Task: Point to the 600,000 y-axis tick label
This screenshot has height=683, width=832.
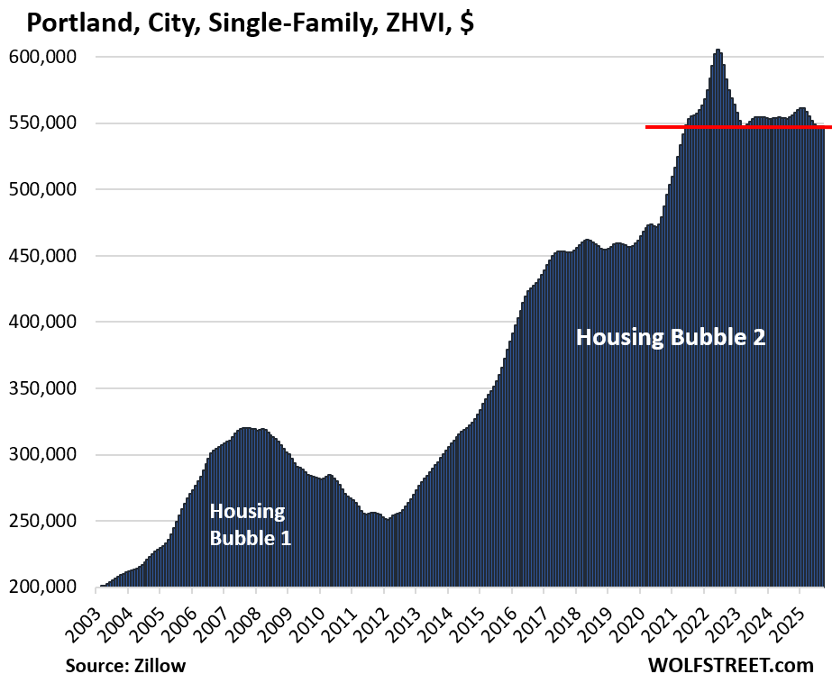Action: coord(43,57)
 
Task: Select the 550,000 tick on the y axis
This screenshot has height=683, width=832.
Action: coord(43,123)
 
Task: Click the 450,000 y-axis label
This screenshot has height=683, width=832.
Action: coord(43,256)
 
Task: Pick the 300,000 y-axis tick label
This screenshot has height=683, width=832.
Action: coord(43,455)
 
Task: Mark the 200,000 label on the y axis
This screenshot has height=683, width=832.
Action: coord(43,587)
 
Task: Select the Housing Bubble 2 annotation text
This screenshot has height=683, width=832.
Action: coord(671,338)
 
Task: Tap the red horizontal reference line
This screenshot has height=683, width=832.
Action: coord(738,127)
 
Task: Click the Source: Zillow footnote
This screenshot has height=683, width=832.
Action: coord(126,666)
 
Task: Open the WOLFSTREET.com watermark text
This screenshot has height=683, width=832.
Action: coord(730,666)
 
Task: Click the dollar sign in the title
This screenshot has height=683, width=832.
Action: coord(466,22)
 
